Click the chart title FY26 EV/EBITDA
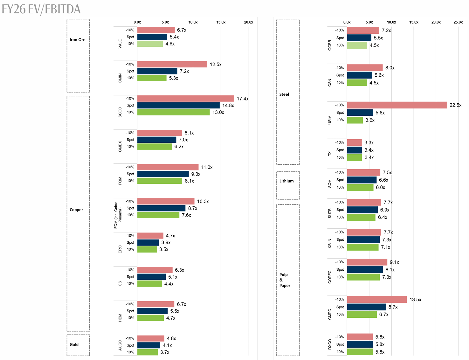coord(41,9)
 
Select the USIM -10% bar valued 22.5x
coord(397,105)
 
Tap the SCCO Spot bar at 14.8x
coord(178,105)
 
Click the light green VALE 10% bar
coord(150,44)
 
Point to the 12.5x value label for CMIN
coord(216,65)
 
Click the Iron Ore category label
coord(78,40)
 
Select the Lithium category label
coord(286,181)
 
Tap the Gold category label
coord(74,344)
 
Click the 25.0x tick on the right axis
coord(458,22)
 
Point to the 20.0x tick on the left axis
coord(248,22)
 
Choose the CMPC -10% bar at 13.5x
coord(377,300)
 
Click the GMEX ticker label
coord(120,146)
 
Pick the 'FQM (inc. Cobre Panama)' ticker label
coord(118,215)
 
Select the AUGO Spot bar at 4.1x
coord(149,345)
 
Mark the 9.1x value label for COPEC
coord(394,262)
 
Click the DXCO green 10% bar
coord(360,352)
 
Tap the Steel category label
coord(284,94)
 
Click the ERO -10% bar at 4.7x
coord(150,236)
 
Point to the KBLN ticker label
coord(330,243)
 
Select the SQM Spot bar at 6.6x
coord(362,180)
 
